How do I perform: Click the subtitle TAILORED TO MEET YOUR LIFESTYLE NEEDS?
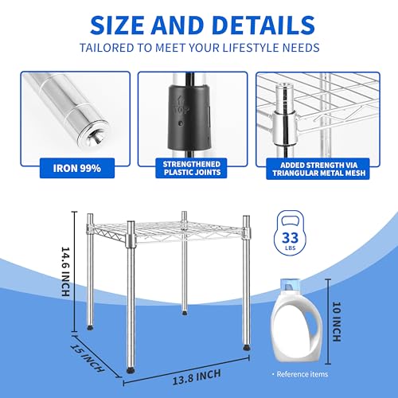point(199,49)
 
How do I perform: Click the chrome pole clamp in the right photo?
point(283,123)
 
